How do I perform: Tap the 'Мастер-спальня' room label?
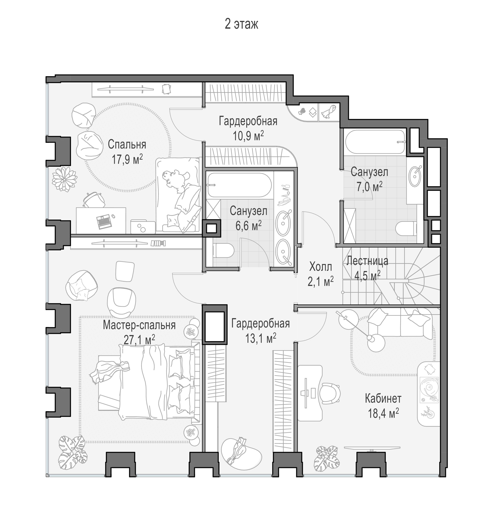tap(139, 325)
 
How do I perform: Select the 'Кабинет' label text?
tap(383, 399)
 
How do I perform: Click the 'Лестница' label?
tap(367, 261)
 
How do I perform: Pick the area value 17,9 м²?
tap(127, 159)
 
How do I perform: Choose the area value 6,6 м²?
tap(248, 226)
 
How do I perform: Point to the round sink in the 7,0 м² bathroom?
tap(415, 176)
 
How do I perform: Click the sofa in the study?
tap(400, 323)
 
